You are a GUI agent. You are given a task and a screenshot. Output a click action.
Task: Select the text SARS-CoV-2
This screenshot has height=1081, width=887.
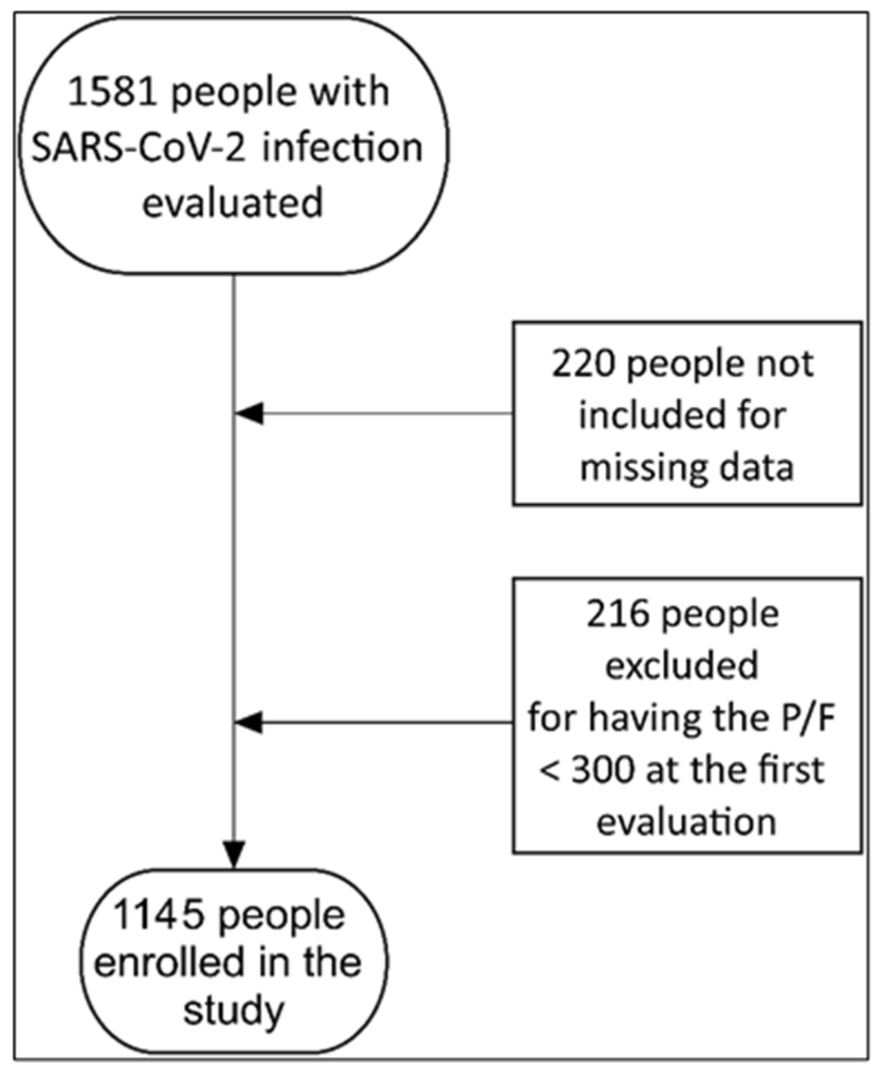(x=138, y=149)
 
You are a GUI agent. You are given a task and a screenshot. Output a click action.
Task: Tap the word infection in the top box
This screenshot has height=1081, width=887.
(x=342, y=149)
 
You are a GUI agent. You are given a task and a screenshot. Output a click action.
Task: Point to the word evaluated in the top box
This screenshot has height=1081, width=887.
(x=233, y=203)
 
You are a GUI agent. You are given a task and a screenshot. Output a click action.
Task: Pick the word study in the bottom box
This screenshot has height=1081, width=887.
(x=234, y=1011)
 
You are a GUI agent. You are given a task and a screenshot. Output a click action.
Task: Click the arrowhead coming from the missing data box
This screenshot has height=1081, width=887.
(x=249, y=414)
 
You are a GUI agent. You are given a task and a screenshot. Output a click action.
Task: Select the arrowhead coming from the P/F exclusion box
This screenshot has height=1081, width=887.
(x=249, y=723)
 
